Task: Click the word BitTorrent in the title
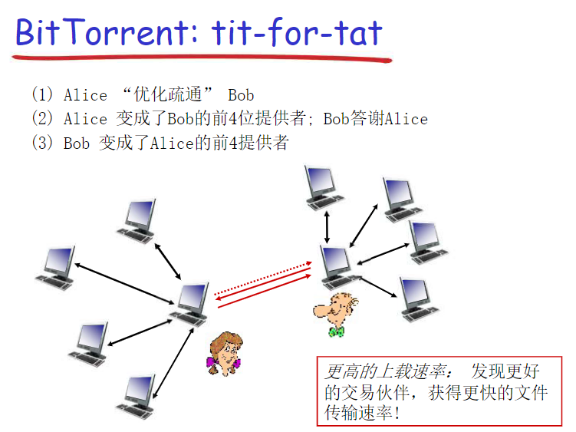point(107,32)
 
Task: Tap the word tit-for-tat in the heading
point(297,32)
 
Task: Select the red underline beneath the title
point(202,58)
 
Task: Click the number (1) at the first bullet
point(42,94)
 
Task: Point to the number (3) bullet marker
point(42,143)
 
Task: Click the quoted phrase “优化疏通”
point(167,94)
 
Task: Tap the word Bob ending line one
point(241,95)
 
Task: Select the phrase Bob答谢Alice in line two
point(375,118)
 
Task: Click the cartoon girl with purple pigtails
point(225,354)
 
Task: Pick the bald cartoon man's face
point(335,308)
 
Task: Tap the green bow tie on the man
point(337,331)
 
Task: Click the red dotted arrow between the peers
point(263,279)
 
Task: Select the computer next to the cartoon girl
point(190,305)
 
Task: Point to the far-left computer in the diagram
point(56,269)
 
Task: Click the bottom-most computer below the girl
point(137,397)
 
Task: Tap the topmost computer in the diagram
point(323,188)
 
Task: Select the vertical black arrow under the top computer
point(327,227)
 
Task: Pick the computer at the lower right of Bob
point(419,300)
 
